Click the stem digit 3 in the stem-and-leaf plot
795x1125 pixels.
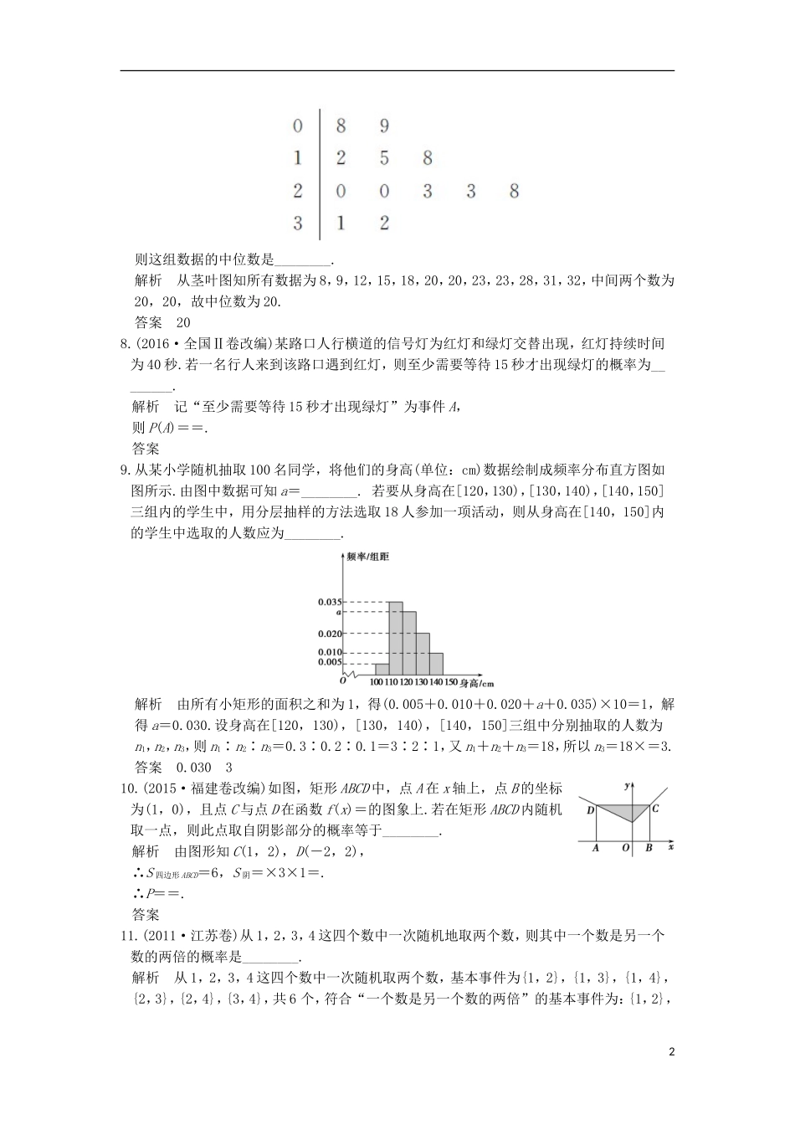(298, 223)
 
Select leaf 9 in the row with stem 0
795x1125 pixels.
(384, 126)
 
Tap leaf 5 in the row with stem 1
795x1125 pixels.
(384, 158)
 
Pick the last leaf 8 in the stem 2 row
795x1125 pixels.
(514, 191)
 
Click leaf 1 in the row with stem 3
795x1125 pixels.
(341, 223)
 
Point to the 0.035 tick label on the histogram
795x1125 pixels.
(330, 602)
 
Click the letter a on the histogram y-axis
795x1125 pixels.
(337, 613)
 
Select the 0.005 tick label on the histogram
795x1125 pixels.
(330, 662)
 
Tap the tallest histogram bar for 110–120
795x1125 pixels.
(396, 638)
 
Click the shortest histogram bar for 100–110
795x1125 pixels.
(382, 669)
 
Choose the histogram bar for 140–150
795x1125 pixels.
(436, 664)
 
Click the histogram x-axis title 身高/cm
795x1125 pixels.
(476, 683)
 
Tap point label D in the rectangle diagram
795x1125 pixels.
(590, 809)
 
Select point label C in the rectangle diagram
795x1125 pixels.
(655, 808)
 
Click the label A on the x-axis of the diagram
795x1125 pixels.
(595, 848)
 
